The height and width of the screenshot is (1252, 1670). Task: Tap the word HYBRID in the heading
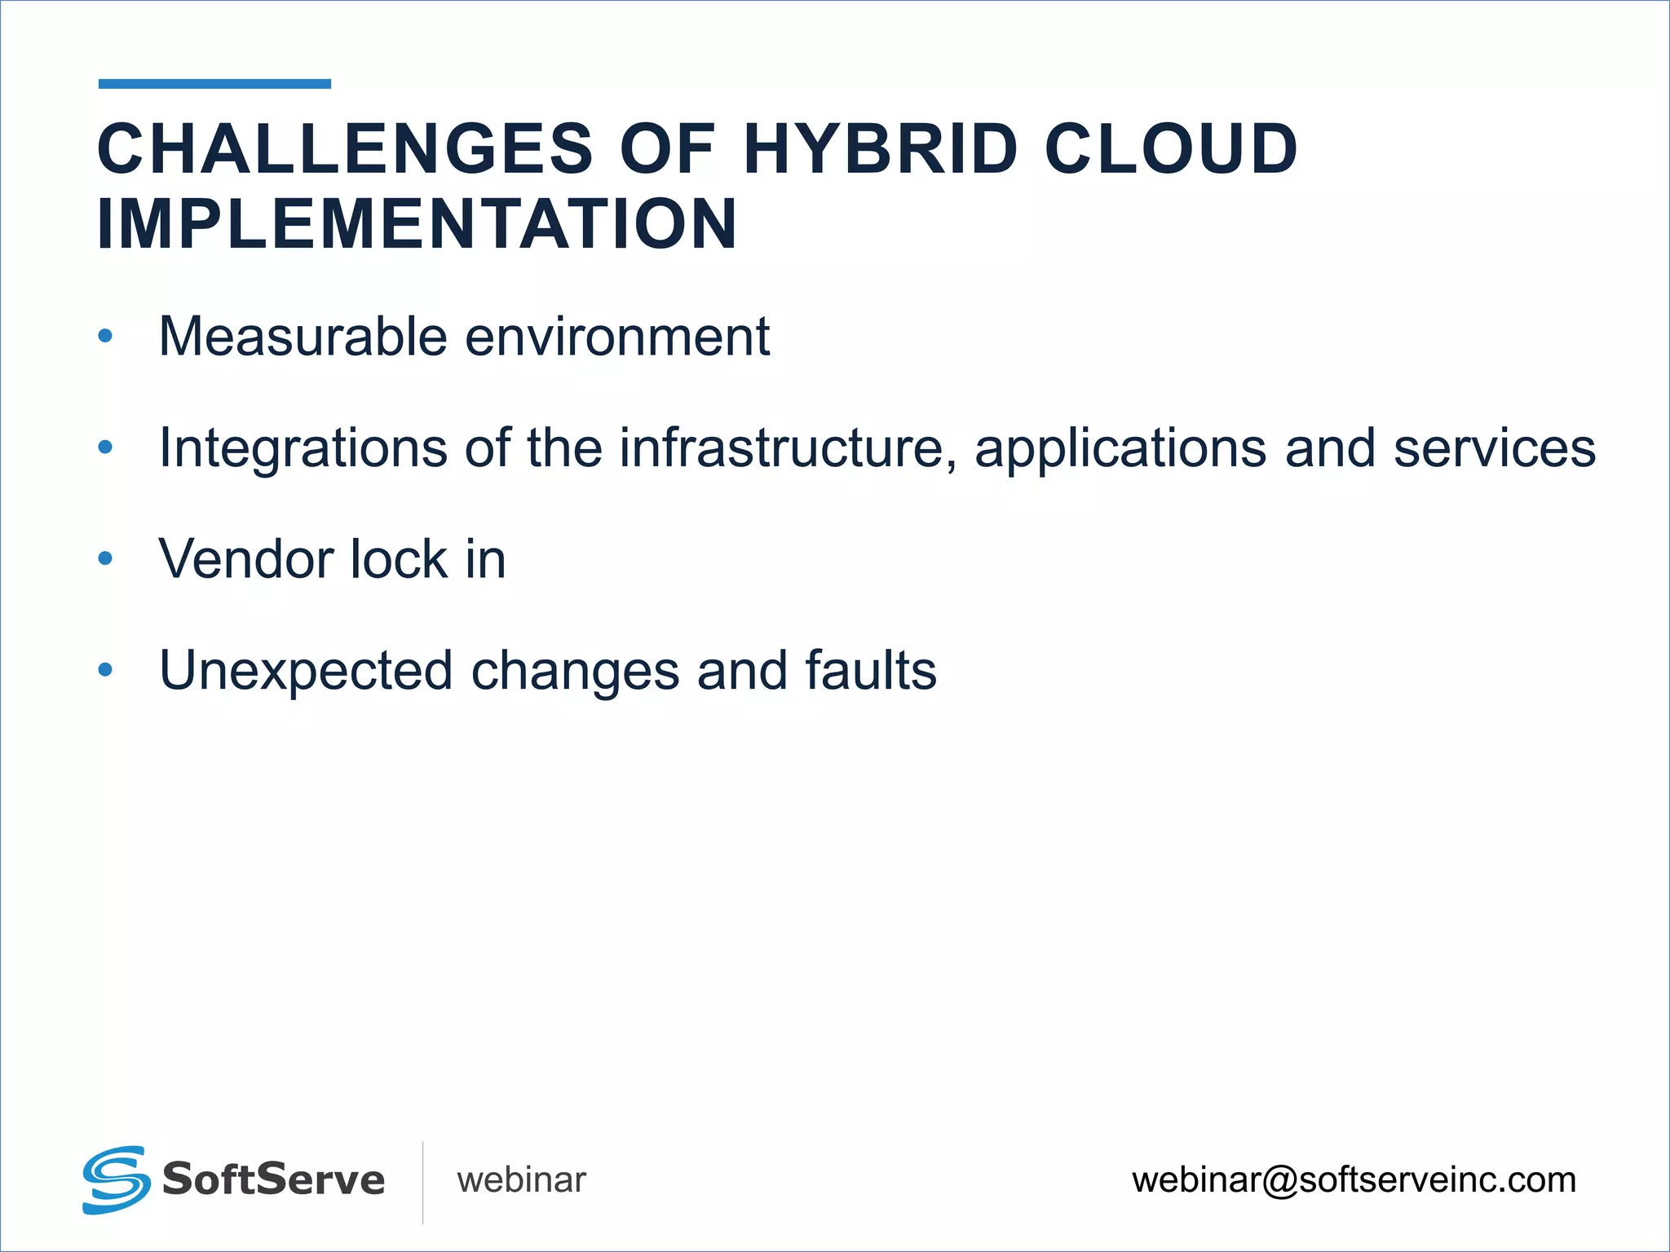tap(881, 149)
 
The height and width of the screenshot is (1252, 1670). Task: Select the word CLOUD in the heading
tap(1171, 149)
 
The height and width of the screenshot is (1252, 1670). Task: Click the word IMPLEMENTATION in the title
tap(417, 224)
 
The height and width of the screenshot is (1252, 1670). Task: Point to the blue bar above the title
tap(214, 84)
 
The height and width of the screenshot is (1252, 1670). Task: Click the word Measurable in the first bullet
tap(303, 337)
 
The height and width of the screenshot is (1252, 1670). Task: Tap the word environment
tap(616, 337)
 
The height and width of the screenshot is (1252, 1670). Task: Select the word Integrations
tap(303, 448)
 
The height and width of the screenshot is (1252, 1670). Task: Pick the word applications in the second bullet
tap(1120, 448)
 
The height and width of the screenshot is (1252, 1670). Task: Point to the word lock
tap(399, 560)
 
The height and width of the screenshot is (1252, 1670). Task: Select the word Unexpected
tap(306, 671)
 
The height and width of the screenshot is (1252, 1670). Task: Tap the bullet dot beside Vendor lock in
tap(105, 558)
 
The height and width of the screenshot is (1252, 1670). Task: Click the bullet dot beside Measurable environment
tap(105, 336)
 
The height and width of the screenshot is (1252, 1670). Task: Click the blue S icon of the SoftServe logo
tap(116, 1179)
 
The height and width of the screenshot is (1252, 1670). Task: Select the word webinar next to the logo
tap(521, 1180)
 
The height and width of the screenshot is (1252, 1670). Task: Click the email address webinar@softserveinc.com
tap(1354, 1180)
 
